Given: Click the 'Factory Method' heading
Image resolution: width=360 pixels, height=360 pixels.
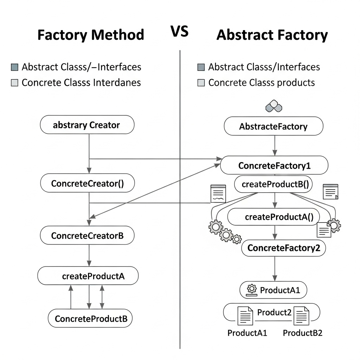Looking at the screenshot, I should coord(91,35).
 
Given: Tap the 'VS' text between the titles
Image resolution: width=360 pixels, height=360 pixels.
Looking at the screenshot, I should coord(180,32).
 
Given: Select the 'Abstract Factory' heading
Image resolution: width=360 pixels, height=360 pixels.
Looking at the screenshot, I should coord(272,35).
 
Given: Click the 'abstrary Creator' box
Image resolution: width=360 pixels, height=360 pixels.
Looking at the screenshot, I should coord(87,125).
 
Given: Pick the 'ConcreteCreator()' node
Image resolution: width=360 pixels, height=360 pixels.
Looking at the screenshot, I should coord(88,184).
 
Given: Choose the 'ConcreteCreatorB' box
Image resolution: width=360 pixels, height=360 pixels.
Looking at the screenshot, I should coord(87,236).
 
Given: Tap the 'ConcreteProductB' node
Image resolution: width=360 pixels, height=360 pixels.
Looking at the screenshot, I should coord(91,319).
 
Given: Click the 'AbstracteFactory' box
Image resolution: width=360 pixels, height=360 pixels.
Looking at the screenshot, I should coord(273,127).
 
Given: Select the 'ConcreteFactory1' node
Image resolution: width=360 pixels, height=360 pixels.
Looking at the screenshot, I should coord(274,166).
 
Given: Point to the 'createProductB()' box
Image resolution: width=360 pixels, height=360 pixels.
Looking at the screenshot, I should coord(273,184).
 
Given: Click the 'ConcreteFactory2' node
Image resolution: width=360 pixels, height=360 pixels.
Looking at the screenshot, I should coord(284,248).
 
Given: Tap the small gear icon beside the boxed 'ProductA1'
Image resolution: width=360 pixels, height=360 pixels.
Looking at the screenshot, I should coord(251,290).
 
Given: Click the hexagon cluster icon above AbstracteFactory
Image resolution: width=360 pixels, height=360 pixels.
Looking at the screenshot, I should coord(274,106).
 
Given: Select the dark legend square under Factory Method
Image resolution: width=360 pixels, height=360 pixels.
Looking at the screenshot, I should coord(14,67).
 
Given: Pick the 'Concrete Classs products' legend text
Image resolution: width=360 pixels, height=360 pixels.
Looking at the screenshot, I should coord(261,83).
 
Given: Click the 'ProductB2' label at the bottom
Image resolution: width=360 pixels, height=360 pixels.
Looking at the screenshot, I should coord(302,333).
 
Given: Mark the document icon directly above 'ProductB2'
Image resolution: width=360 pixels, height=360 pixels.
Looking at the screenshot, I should coord(301,315).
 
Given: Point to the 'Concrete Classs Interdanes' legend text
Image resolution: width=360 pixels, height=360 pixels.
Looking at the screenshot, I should coord(81,83).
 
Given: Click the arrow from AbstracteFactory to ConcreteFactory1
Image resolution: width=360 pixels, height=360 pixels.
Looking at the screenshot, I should coord(275,146).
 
